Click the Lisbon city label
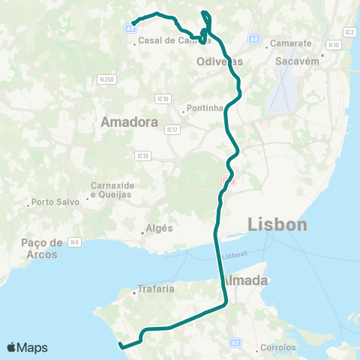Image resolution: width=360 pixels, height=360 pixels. point(277,224)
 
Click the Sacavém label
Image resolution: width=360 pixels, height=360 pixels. point(298,61)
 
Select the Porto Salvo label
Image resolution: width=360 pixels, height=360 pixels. point(53,201)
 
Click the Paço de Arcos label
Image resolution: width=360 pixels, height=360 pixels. point(42,247)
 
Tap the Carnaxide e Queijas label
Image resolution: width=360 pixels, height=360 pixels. point(110,190)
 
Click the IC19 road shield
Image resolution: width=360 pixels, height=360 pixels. point(143,155)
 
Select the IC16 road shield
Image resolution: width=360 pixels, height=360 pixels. point(161,98)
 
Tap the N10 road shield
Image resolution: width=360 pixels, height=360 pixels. point(334,45)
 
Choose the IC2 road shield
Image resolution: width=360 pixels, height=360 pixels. point(349,32)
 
